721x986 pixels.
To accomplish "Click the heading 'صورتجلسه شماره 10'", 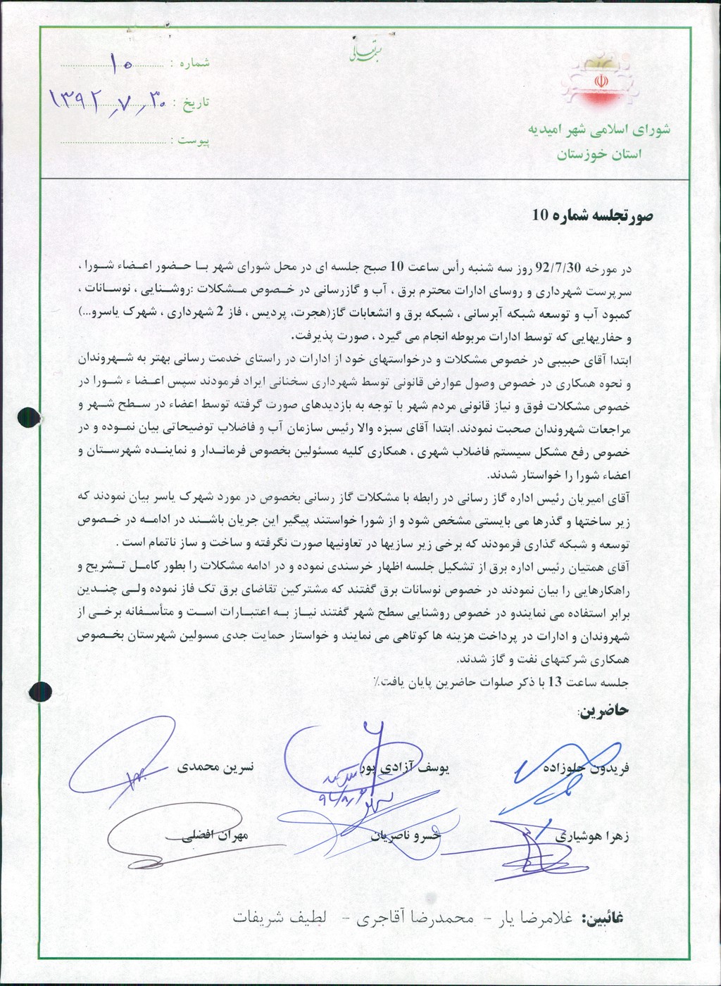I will (x=592, y=216).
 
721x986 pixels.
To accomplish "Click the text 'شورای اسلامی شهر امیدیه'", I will (x=598, y=129).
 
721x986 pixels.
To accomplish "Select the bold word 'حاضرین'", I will (x=603, y=711).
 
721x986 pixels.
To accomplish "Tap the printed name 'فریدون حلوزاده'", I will (x=586, y=769).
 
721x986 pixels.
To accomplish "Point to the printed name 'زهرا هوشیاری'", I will (x=593, y=837).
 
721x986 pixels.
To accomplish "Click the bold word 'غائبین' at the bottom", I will (x=603, y=918).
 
